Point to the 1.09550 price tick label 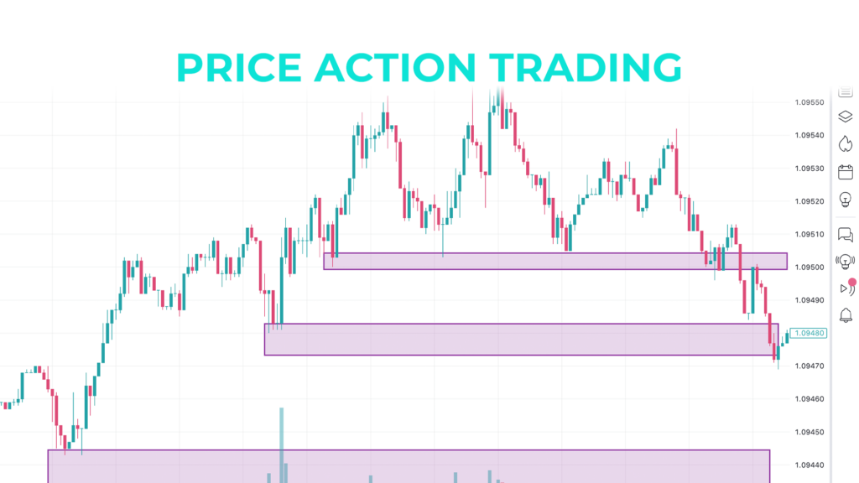pos(809,102)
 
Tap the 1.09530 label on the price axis pos(809,169)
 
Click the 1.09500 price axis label pos(809,267)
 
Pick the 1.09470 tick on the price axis pos(809,366)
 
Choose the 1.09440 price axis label pos(809,465)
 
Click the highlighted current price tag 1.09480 pos(810,333)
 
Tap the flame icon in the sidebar pos(845,143)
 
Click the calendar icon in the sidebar pos(845,172)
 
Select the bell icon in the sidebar pos(845,315)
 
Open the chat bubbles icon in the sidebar pos(845,235)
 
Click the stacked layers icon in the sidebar pos(845,117)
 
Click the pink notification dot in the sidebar pos(852,283)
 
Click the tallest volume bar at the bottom pos(282,444)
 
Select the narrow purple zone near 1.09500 pos(554,261)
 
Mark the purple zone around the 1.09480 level pos(521,339)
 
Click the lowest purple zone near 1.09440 pos(409,465)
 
